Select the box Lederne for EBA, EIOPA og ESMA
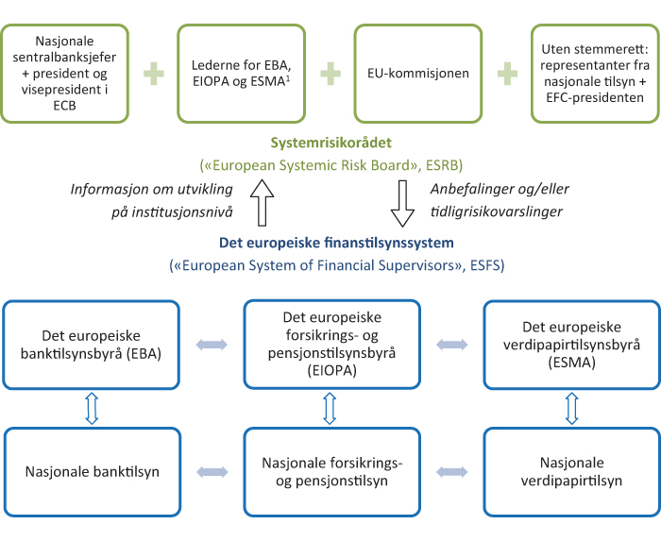[242, 74]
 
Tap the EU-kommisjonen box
[417, 74]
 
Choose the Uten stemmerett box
[594, 74]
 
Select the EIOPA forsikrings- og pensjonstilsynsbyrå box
[330, 346]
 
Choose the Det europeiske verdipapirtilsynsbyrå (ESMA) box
[570, 346]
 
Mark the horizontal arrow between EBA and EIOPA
[212, 346]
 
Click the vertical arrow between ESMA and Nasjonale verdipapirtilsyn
[570, 408]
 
